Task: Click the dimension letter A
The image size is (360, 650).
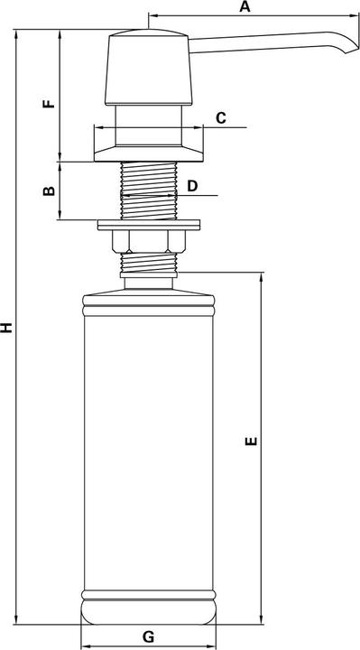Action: (x=244, y=7)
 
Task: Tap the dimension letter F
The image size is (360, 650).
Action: (x=50, y=102)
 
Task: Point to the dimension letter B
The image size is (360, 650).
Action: (x=50, y=190)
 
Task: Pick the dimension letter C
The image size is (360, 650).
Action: (x=219, y=118)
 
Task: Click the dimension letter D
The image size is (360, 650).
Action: (x=191, y=185)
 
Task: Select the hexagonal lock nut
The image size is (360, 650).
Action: (x=149, y=240)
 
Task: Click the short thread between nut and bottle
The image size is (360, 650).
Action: (x=149, y=263)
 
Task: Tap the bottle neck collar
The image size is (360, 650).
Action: (x=149, y=283)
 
